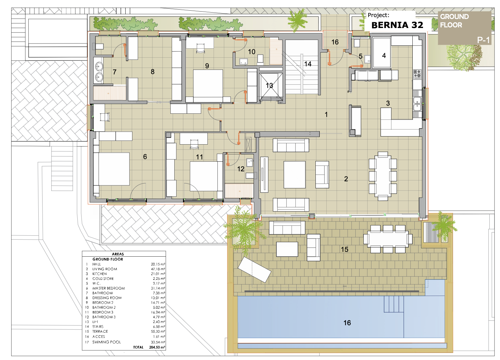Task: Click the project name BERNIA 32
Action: coord(397,25)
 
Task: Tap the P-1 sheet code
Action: coord(483,40)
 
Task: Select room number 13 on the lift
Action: coord(269,85)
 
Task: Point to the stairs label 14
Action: coord(308,64)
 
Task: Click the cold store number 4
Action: coord(384,55)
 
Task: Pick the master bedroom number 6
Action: coord(145,156)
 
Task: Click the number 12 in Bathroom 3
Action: coord(241,169)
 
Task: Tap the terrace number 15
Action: coord(344,249)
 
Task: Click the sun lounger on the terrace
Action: coord(255,270)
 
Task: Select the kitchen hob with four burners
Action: coord(417,74)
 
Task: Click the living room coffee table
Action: coord(294,175)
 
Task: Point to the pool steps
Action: coord(394,304)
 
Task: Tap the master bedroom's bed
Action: coord(114,169)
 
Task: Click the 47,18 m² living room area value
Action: coord(158,269)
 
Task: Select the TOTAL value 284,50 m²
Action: coord(157,347)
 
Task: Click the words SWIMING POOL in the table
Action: coord(106,342)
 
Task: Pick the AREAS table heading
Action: coord(118,254)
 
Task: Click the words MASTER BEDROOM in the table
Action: coord(109,288)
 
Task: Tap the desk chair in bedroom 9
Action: coord(200,48)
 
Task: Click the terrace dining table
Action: coord(388,239)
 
